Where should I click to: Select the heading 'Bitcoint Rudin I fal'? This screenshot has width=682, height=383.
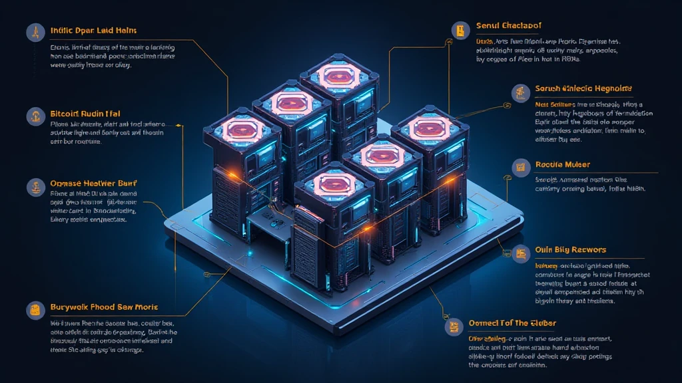pos(85,114)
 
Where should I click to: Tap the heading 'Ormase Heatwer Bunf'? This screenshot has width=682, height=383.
pos(89,182)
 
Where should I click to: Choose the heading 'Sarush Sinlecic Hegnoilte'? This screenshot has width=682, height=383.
pos(583,88)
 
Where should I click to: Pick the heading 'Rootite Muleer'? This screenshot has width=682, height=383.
pos(562,164)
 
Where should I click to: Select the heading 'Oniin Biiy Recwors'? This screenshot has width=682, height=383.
pos(570,249)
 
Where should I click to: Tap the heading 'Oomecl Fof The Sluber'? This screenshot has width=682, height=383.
pos(512,323)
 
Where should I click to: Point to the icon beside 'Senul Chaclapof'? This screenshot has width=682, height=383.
pos(460,29)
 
